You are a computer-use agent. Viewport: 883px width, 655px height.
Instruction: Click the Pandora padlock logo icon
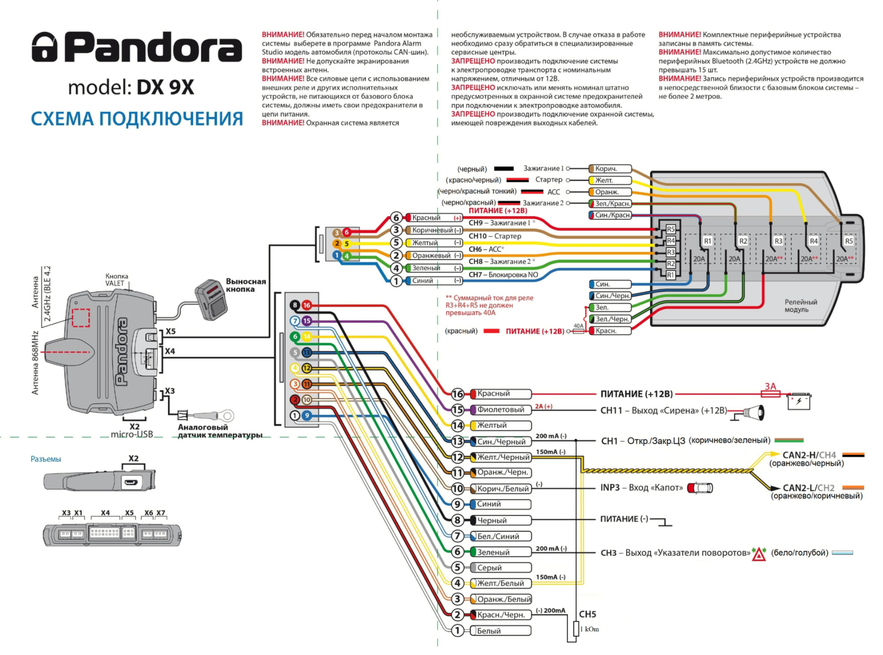(x=45, y=46)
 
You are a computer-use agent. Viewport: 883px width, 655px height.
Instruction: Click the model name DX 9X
(x=165, y=87)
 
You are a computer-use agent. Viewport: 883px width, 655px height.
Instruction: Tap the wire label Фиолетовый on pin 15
(x=501, y=409)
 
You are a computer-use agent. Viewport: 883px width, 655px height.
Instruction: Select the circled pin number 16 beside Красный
(x=457, y=394)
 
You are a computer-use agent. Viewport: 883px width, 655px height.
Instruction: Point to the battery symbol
(x=799, y=401)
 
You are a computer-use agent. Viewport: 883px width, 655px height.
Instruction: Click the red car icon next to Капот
(x=701, y=487)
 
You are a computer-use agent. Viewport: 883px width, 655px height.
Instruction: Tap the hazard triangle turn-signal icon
(x=759, y=554)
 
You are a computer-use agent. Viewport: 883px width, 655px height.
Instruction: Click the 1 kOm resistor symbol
(x=576, y=629)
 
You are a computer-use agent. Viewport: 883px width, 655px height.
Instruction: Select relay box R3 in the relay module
(x=778, y=241)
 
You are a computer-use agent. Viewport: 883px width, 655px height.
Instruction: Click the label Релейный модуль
(x=800, y=306)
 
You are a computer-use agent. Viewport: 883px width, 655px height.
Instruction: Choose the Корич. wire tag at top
(x=610, y=168)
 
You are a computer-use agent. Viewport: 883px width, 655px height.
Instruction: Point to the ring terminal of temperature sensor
(x=228, y=415)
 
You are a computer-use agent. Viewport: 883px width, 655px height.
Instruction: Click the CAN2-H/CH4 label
(x=809, y=455)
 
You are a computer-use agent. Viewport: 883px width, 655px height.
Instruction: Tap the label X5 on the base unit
(x=170, y=331)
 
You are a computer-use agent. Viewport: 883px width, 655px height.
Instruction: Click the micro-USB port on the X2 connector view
(x=132, y=482)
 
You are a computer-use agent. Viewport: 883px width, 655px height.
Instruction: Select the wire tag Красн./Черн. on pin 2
(x=501, y=614)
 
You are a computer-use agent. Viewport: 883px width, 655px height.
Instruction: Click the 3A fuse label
(x=770, y=386)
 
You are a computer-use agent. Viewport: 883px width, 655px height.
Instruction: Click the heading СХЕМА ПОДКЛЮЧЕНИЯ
(x=137, y=119)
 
